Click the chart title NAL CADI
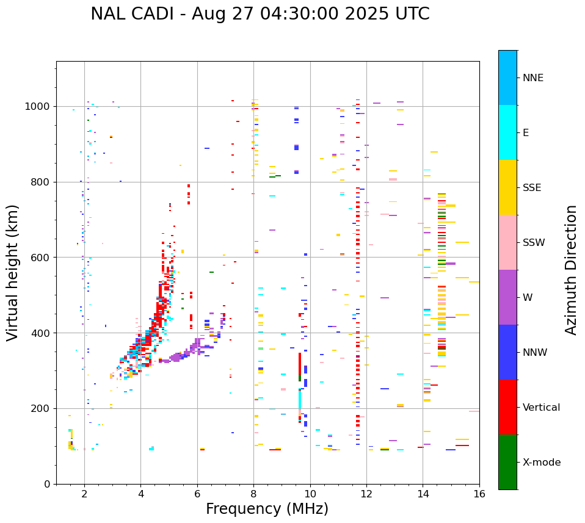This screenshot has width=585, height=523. pyautogui.click(x=260, y=14)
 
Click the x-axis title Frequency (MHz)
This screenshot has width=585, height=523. pyautogui.click(x=267, y=509)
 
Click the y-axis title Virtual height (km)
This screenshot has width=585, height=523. pyautogui.click(x=13, y=272)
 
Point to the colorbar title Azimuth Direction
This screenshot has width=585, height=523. pyautogui.click(x=571, y=270)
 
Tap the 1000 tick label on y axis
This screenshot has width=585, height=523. pyautogui.click(x=38, y=107)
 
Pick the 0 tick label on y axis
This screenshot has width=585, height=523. pyautogui.click(x=47, y=484)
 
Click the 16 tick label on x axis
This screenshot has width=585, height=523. pyautogui.click(x=479, y=494)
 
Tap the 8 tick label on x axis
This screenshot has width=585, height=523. pyautogui.click(x=253, y=494)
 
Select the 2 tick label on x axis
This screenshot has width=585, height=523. pyautogui.click(x=84, y=494)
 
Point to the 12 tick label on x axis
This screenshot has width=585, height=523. pyautogui.click(x=366, y=494)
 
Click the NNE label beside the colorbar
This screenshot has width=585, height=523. pyautogui.click(x=532, y=78)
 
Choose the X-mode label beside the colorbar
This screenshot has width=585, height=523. pyautogui.click(x=541, y=463)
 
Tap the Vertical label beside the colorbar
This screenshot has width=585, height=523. pyautogui.click(x=541, y=408)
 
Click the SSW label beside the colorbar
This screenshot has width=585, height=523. pyautogui.click(x=534, y=243)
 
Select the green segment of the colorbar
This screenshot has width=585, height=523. pyautogui.click(x=507, y=462)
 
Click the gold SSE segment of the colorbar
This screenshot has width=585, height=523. pyautogui.click(x=507, y=187)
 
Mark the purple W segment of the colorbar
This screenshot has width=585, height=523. pyautogui.click(x=507, y=297)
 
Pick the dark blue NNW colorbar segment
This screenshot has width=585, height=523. pyautogui.click(x=507, y=352)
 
